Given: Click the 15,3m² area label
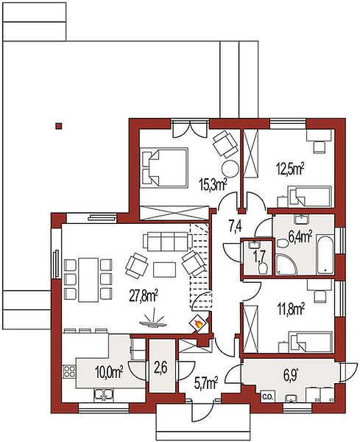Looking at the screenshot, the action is [213, 184].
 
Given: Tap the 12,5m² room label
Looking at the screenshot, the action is [290, 169].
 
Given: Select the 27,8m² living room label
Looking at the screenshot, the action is [144, 297].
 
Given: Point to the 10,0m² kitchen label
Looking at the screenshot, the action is [109, 372].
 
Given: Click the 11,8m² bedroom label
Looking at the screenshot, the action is [291, 309].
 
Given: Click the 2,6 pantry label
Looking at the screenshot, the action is [161, 368].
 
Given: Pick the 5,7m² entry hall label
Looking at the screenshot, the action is [206, 383].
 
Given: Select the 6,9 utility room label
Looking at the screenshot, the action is [290, 376].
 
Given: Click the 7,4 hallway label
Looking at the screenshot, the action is [235, 226].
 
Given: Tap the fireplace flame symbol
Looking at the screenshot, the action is [198, 323].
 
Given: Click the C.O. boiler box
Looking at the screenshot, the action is [267, 397].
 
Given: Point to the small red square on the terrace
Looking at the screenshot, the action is [59, 126].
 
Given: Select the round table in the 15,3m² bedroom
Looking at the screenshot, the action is [230, 169].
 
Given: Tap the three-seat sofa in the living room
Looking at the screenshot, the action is [168, 242].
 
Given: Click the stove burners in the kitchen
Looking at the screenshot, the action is [69, 371].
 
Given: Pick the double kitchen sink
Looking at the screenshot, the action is [104, 394].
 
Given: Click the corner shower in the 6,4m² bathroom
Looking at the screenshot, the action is [286, 264].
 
